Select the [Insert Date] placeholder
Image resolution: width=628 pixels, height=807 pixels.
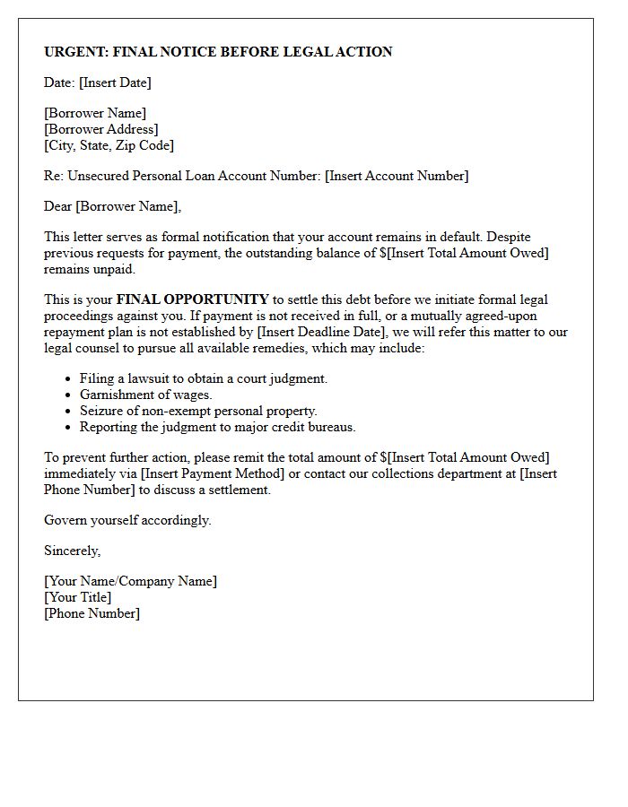115,82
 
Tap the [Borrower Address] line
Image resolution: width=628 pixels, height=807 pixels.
101,129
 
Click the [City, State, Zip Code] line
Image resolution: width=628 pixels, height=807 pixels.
109,145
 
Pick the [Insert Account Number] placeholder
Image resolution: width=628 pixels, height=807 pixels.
397,176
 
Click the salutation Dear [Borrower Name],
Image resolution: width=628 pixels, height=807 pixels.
112,206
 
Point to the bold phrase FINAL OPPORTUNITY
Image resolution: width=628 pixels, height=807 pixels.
192,299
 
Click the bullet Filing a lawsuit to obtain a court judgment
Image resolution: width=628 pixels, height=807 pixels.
204,378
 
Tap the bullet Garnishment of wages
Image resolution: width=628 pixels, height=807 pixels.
144,395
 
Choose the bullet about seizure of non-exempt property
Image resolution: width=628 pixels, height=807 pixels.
198,411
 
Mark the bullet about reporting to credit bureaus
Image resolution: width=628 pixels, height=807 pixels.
217,427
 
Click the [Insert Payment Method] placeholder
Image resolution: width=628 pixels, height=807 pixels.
222,473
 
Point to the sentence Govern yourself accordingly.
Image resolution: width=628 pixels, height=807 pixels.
127,520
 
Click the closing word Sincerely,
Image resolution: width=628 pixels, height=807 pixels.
72,551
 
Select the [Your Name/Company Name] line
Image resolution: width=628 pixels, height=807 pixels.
130,581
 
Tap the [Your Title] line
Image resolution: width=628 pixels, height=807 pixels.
78,597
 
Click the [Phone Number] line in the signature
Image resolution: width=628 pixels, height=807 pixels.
92,613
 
